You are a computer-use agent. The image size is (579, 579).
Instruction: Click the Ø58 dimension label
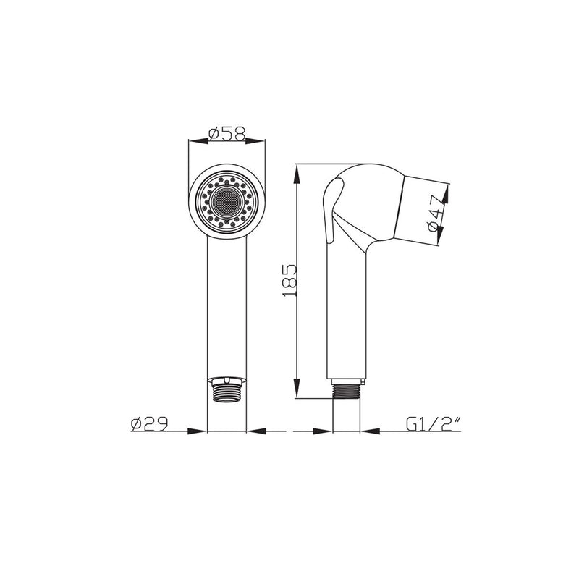coord(227,134)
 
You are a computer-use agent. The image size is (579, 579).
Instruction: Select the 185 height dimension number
coord(289,280)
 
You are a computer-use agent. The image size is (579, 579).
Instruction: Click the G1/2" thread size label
coord(434,424)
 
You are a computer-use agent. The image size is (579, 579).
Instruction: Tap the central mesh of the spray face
coord(227,202)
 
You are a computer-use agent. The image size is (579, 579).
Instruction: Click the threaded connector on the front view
coord(227,389)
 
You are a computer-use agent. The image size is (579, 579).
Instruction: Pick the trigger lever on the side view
coord(331,210)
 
